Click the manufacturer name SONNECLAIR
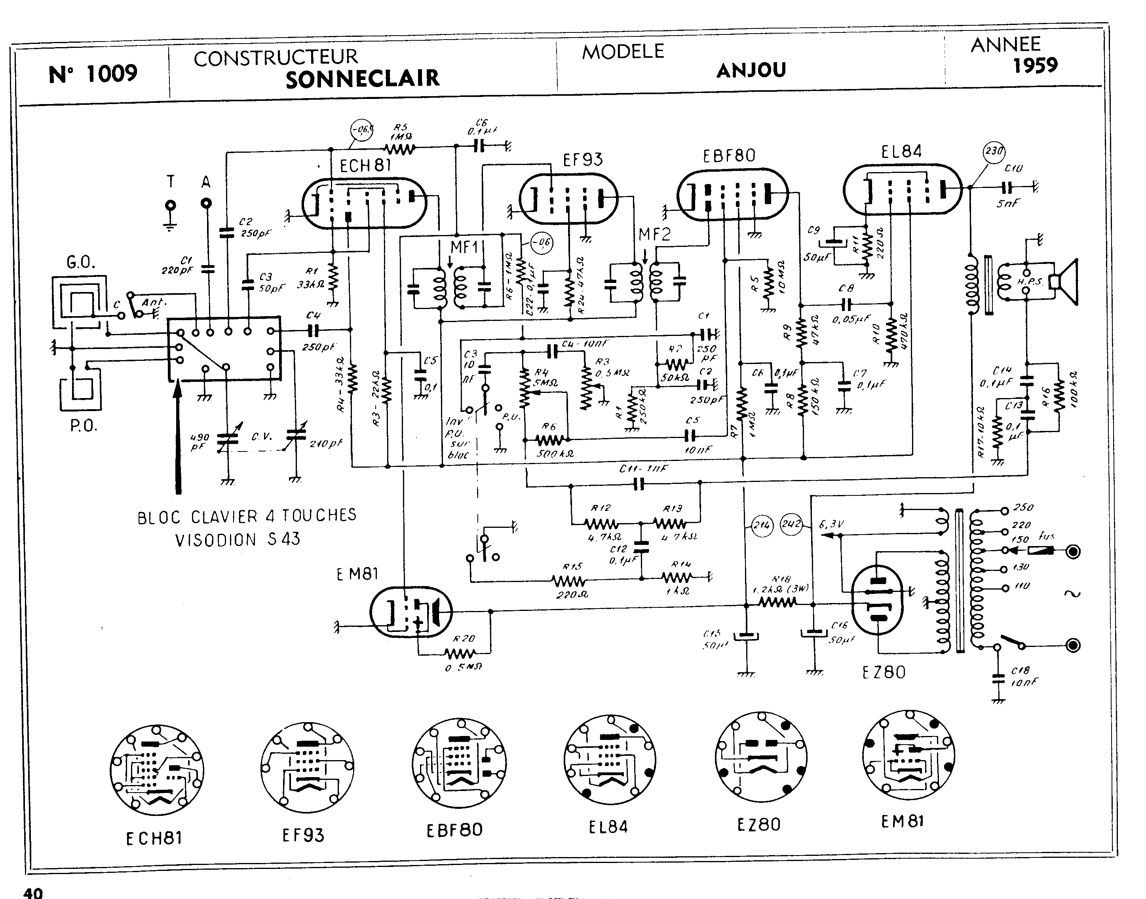coord(362,78)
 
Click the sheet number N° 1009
coord(93,73)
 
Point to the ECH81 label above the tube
coord(365,166)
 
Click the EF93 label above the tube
coord(582,159)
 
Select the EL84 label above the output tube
coord(901,152)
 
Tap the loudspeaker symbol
coord(1065,282)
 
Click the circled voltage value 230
coord(994,151)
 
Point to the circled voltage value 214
coord(762,525)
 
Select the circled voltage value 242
coord(791,524)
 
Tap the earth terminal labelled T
coord(170,205)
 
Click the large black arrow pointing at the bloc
coord(178,437)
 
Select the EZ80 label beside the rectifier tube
coord(884,672)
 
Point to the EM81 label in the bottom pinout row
coord(902,821)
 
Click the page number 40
coord(32,893)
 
